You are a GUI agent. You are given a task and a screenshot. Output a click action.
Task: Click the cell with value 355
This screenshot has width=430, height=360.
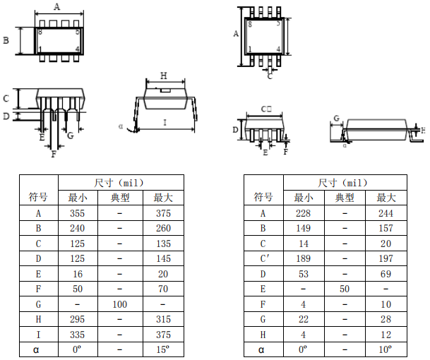78,213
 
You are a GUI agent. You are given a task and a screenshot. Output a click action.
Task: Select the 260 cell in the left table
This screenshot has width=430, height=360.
163,228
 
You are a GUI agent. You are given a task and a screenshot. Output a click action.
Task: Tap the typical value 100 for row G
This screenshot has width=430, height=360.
120,304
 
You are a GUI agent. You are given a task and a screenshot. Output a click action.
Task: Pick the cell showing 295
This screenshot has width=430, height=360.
78,319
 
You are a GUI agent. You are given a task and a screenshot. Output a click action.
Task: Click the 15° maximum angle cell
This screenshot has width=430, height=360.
163,349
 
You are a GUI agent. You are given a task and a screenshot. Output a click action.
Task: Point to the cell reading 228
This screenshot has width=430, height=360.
304,213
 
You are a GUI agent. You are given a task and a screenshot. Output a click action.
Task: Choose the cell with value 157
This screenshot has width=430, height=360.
386,228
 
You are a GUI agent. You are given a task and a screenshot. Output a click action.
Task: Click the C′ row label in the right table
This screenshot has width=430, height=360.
263,258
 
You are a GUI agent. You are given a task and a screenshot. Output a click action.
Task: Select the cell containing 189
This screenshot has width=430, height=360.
304,258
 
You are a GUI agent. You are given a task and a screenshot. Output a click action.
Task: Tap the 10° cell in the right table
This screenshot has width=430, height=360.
386,349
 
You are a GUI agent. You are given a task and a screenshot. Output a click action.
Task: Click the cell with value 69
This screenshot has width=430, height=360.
386,274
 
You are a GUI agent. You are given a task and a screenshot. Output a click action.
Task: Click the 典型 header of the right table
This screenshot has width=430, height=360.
345,198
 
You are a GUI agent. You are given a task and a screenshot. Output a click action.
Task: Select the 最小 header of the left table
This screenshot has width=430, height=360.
78,198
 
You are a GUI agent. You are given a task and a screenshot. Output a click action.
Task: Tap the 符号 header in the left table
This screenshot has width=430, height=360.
38,197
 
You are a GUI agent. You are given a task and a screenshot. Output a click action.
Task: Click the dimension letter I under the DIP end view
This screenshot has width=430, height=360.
165,122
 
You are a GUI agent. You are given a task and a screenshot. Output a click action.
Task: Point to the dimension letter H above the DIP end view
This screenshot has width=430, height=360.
164,76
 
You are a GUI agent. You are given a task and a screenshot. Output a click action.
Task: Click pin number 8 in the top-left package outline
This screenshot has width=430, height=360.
40,32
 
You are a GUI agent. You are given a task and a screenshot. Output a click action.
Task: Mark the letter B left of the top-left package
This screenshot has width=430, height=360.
6,40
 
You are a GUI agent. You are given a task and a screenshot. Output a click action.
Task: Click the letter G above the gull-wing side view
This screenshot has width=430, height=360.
337,119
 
